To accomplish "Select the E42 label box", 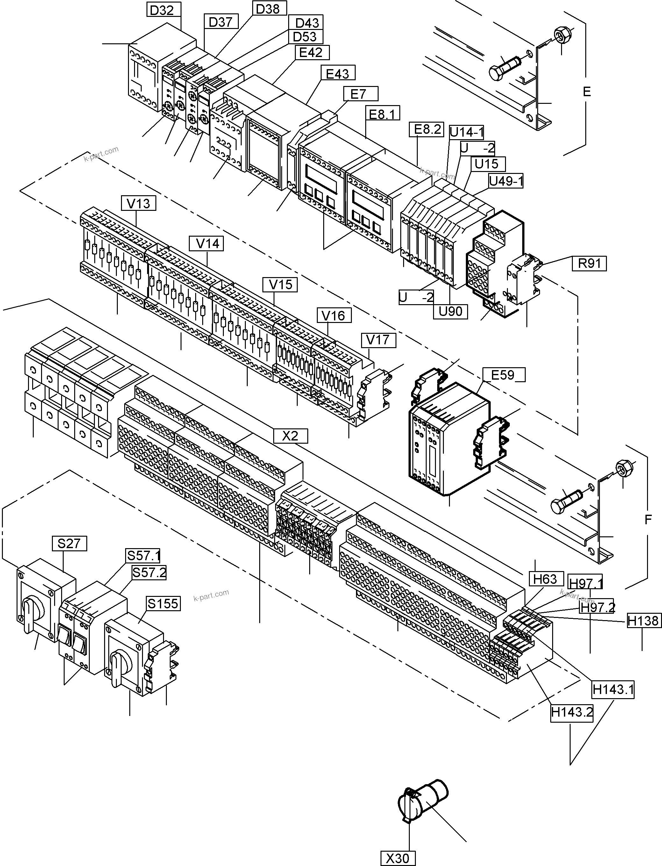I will click(x=311, y=53).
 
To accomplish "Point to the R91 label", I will click(x=589, y=263).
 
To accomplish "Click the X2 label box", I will click(x=290, y=436).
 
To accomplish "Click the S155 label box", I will click(x=163, y=604).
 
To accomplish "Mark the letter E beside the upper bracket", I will click(x=587, y=92).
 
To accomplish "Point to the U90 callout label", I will click(x=450, y=311).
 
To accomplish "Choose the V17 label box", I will click(x=378, y=340).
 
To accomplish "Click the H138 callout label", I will click(x=643, y=621).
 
